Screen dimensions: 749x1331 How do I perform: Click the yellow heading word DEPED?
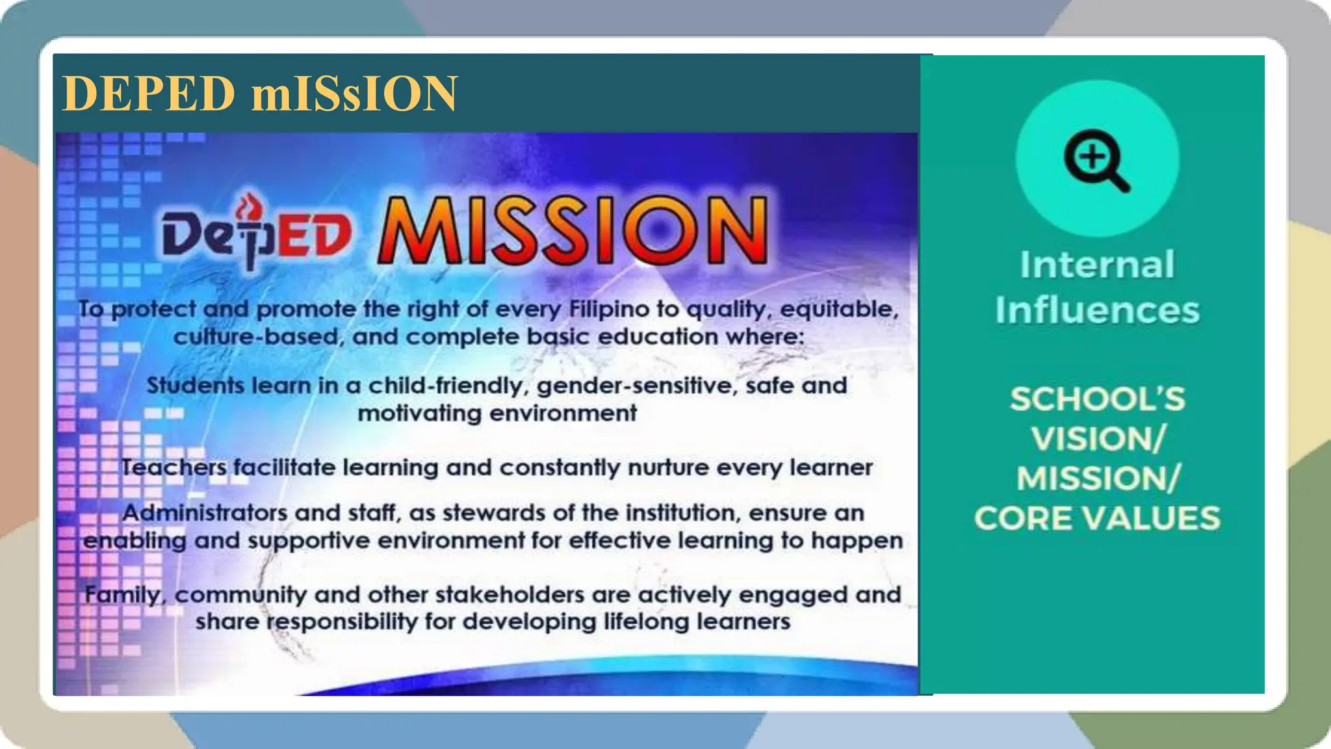click(x=148, y=94)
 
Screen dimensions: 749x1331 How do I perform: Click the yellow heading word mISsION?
click(x=354, y=94)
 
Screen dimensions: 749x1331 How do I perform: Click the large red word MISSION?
click(x=573, y=230)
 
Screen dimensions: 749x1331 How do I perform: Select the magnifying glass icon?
click(x=1096, y=159)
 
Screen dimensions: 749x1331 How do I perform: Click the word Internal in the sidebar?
click(x=1097, y=265)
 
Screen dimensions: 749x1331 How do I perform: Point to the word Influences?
click(x=1097, y=310)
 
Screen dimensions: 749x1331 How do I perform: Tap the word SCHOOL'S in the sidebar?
click(x=1097, y=399)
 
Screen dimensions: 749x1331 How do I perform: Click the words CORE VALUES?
click(x=1097, y=519)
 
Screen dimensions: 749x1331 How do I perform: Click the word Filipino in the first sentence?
click(x=609, y=309)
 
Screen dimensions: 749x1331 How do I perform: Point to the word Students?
click(x=195, y=386)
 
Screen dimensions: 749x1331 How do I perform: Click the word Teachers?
click(x=174, y=467)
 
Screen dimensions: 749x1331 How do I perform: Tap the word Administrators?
click(x=205, y=513)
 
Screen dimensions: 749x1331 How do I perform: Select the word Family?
click(x=123, y=595)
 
